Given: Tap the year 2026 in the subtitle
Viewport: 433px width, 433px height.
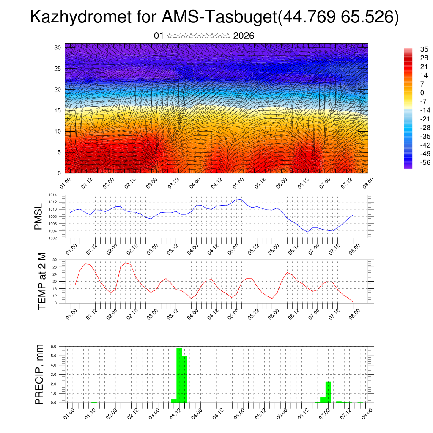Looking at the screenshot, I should [x=244, y=36].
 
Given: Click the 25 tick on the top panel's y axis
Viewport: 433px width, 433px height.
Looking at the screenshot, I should [x=58, y=68].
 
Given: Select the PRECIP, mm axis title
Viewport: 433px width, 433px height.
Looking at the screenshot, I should [x=39, y=374].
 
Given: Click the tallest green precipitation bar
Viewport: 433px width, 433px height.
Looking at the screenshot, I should [x=179, y=375].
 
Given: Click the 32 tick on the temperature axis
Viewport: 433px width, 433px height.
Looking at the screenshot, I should [x=55, y=260].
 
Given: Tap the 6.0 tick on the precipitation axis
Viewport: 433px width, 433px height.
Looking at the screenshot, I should [x=54, y=346].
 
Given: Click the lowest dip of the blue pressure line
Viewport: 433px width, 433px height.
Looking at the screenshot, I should [x=308, y=232].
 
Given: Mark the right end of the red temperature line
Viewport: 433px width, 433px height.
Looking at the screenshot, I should [x=353, y=302].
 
